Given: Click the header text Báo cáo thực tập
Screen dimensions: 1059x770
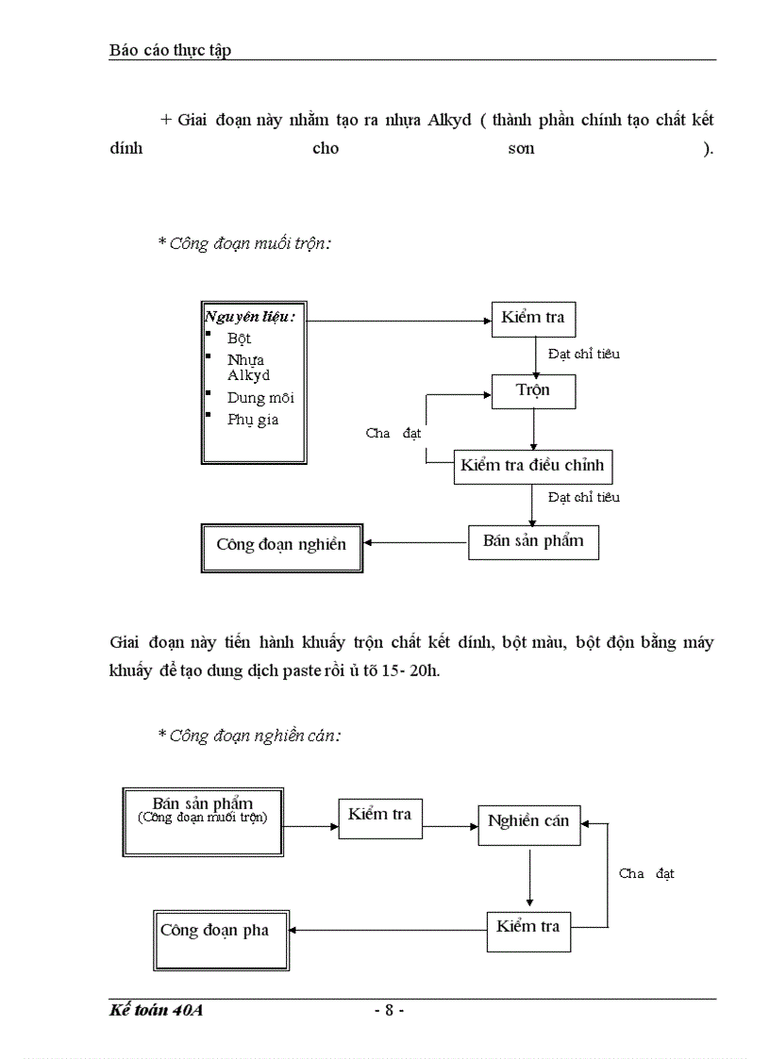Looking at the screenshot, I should tap(170, 51).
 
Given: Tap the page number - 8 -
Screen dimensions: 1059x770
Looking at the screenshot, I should tap(388, 1010).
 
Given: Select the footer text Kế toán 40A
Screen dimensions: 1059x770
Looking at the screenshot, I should tap(157, 1010).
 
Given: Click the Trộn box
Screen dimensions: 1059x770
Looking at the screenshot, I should tap(533, 390).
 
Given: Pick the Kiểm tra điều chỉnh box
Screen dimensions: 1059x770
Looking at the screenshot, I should tap(533, 466).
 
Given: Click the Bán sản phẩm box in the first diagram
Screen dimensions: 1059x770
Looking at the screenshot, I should tap(533, 541).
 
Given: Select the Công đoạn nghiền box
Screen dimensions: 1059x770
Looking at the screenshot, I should tap(281, 544).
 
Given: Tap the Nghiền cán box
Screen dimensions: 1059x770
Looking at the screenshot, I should tap(528, 821).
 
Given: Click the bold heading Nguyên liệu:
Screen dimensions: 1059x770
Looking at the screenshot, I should tap(250, 317).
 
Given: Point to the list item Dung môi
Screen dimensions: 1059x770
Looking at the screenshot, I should tap(260, 398).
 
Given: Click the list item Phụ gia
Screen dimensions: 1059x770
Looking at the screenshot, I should tap(253, 420).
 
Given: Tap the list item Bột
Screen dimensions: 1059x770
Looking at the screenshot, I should tap(240, 338).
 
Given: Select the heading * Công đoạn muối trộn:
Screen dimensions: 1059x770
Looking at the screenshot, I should tap(244, 243).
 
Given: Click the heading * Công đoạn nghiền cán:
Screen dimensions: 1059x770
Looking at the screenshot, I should tap(249, 736).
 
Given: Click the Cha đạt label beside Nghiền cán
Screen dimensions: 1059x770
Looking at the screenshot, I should tap(646, 874).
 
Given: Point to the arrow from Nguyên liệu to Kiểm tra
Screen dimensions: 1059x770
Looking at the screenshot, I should tap(396, 321).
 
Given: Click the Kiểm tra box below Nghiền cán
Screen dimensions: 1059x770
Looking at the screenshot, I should tap(528, 927).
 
